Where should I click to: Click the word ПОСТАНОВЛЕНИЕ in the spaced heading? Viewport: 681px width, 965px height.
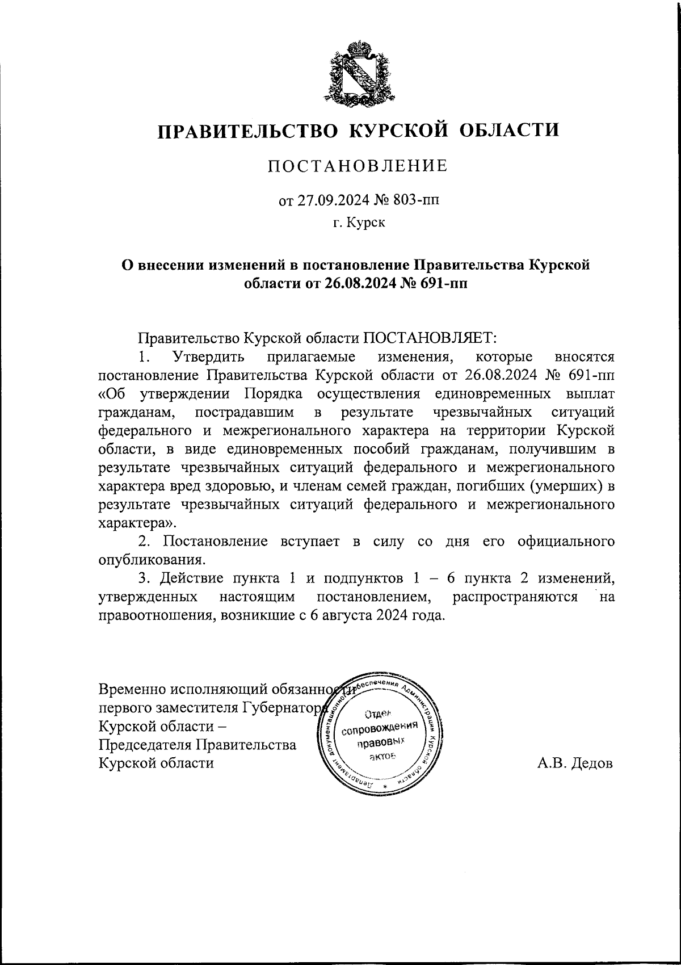click(358, 166)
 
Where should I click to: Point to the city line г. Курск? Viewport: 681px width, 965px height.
click(359, 223)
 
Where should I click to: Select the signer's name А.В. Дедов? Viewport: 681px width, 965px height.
click(575, 763)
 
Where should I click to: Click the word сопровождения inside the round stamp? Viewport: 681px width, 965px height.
click(377, 728)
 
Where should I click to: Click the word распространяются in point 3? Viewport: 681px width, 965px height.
click(515, 597)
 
